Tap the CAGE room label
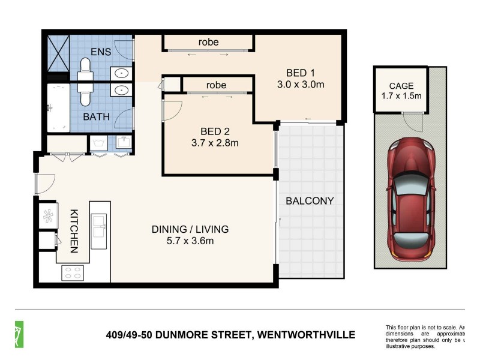(x=401, y=86)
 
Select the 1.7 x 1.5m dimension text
(x=401, y=96)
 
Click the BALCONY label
(x=309, y=201)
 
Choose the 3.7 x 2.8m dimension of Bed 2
(x=215, y=143)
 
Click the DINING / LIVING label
(x=190, y=229)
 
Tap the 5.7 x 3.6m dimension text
(x=190, y=241)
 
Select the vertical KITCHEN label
(x=74, y=230)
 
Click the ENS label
(x=101, y=52)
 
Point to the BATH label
(x=96, y=116)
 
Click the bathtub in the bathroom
(x=59, y=108)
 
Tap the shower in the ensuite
(x=59, y=54)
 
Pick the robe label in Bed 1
(x=208, y=42)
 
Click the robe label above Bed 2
(x=216, y=85)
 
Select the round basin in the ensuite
(x=122, y=73)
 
